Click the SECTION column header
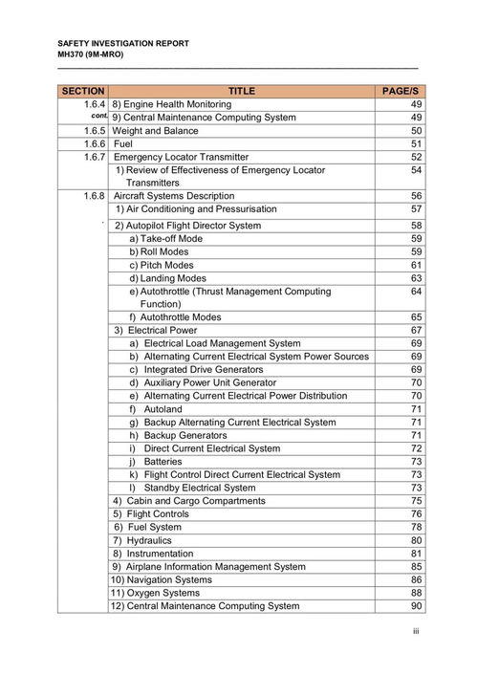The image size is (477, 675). click(x=82, y=91)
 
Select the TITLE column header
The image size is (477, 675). click(x=241, y=91)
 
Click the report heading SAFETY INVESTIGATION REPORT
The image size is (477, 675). click(x=123, y=44)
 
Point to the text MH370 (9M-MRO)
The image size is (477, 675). click(x=91, y=54)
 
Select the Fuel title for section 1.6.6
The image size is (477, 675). click(x=123, y=143)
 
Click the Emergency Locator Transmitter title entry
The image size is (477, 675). click(x=181, y=157)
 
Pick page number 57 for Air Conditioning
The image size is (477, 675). click(x=416, y=208)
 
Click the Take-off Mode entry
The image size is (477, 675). click(x=165, y=238)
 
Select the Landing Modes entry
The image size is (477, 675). click(x=167, y=278)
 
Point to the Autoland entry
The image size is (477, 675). click(x=163, y=408)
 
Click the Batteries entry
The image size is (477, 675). click(x=163, y=461)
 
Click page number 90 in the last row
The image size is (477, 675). click(x=416, y=605)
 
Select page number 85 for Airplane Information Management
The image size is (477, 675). click(x=416, y=566)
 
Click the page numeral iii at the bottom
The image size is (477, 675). click(x=416, y=632)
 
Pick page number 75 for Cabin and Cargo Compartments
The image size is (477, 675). click(x=416, y=500)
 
